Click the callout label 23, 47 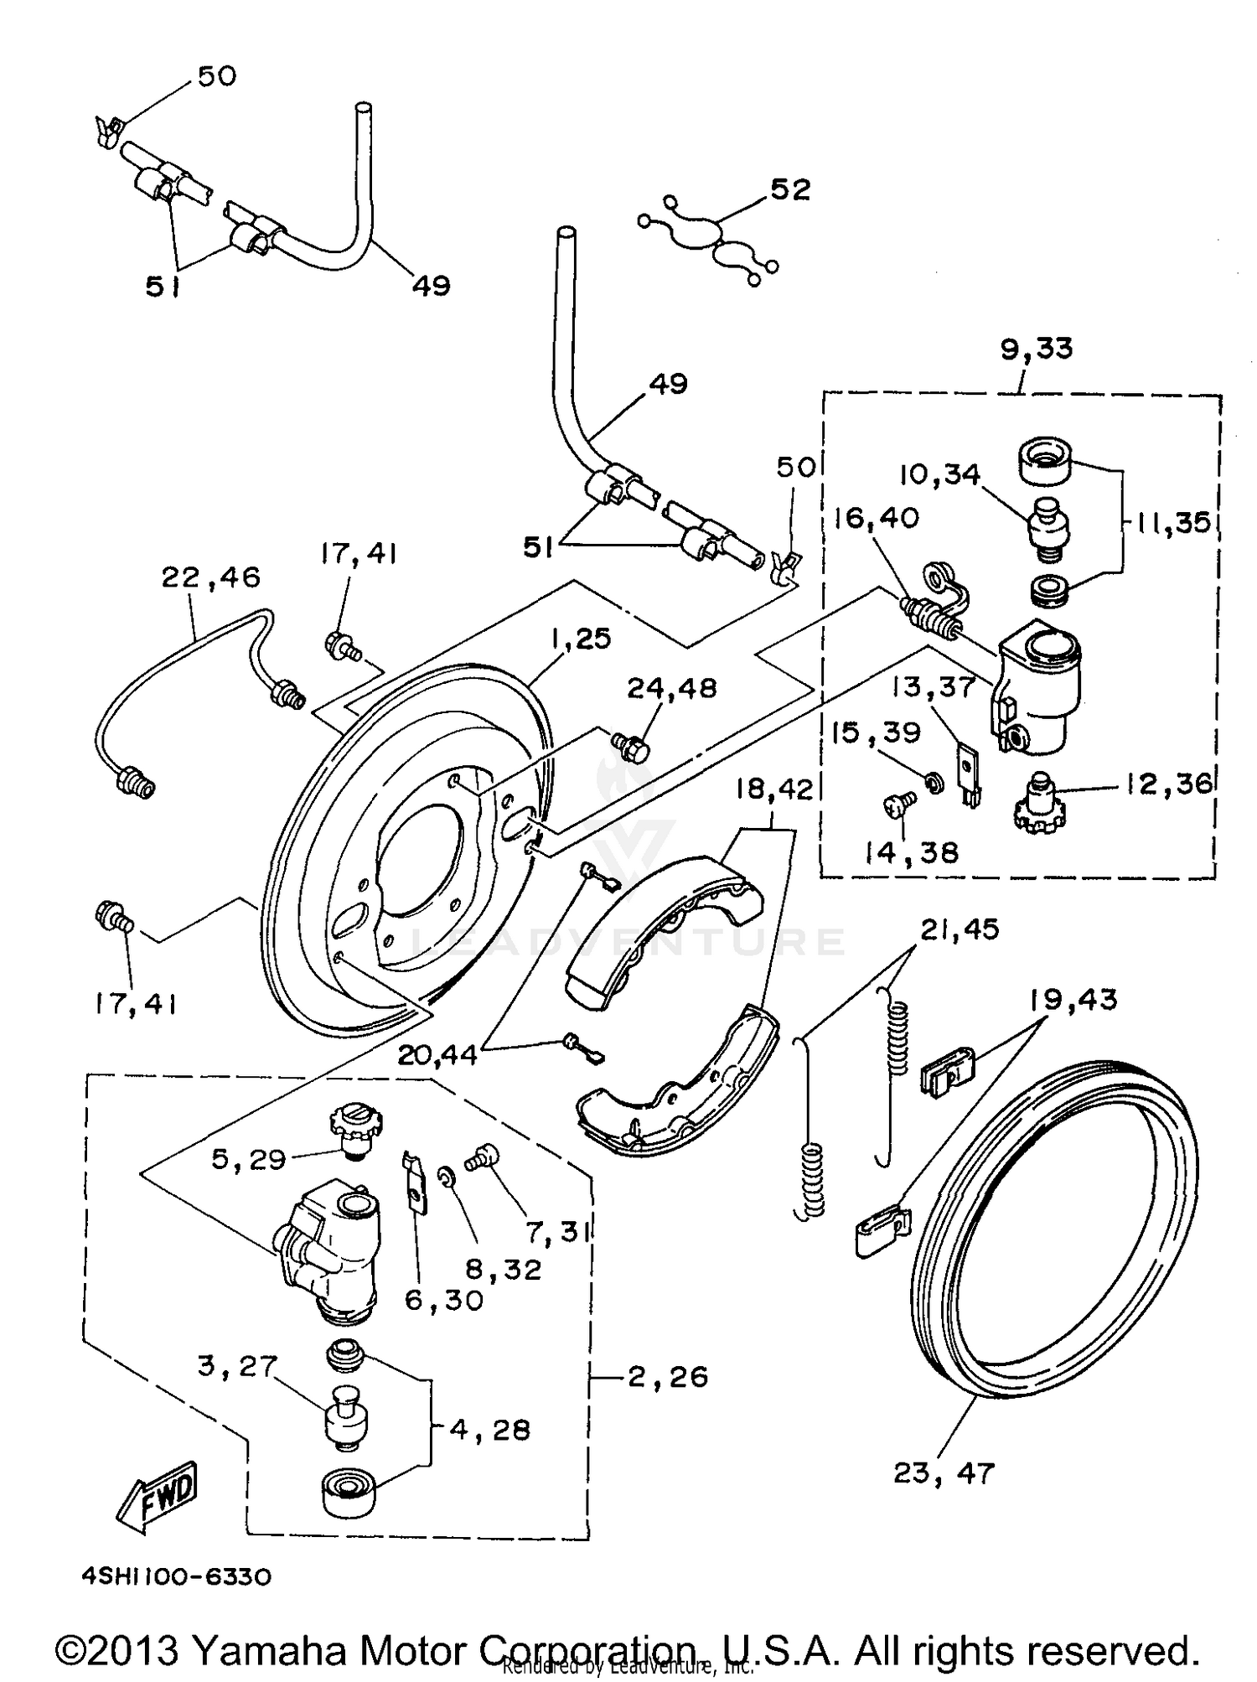pos(944,1472)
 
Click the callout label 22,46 pos(210,577)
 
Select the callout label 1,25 pos(581,639)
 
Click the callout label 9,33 pos(1037,349)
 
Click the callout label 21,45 pos(960,929)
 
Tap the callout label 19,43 pos(1074,1000)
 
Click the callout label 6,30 pos(443,1300)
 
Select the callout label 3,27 pos(237,1366)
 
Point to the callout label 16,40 pos(877,518)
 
